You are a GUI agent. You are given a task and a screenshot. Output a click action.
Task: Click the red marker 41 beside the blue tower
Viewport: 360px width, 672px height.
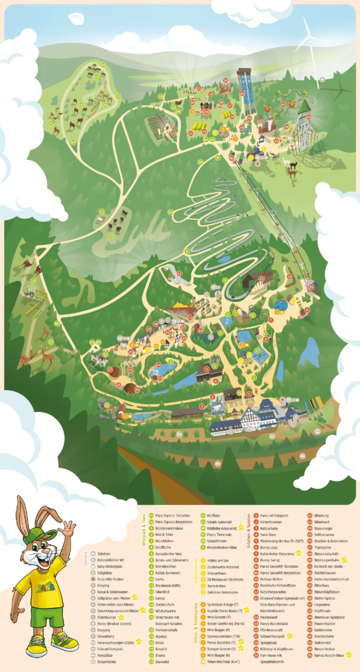coord(242,93)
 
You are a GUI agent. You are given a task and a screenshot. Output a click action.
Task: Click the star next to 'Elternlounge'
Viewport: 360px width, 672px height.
coord(121,617)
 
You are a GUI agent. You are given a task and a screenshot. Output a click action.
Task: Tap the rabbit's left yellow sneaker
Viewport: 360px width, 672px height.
coord(36,649)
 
